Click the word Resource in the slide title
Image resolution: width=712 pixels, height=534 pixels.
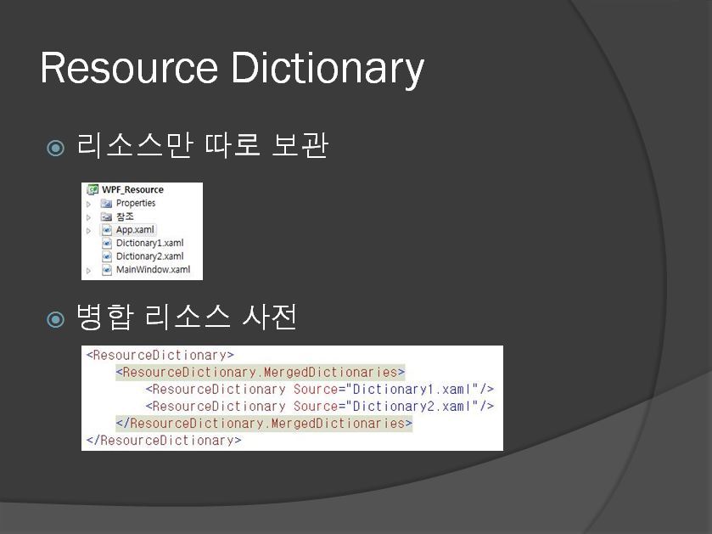pos(129,68)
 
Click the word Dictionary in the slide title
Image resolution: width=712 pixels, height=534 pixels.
pos(328,69)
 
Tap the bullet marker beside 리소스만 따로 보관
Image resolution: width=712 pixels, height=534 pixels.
pos(55,148)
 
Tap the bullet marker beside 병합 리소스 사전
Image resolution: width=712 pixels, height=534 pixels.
pos(55,319)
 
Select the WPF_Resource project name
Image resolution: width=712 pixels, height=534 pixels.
pos(132,189)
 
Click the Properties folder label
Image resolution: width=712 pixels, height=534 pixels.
pos(135,203)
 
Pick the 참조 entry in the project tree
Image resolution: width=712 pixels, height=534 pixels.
pos(125,216)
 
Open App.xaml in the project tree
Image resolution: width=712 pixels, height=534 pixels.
pos(135,230)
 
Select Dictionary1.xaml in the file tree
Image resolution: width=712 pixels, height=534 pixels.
pos(150,243)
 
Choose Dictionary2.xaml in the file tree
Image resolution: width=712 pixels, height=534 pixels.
pos(150,256)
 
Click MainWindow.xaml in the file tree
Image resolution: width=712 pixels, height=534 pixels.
pos(153,269)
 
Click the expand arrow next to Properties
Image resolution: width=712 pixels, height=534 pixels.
pos(88,204)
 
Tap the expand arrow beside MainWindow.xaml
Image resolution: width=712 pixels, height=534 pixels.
pos(88,271)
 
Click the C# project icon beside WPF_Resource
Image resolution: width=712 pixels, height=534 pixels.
pos(93,189)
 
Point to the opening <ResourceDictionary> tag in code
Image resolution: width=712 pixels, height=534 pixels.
pos(160,355)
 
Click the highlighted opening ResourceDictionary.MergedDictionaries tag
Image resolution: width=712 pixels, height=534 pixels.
pos(260,372)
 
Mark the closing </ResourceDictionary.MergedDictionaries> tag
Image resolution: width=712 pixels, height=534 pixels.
pos(264,423)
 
